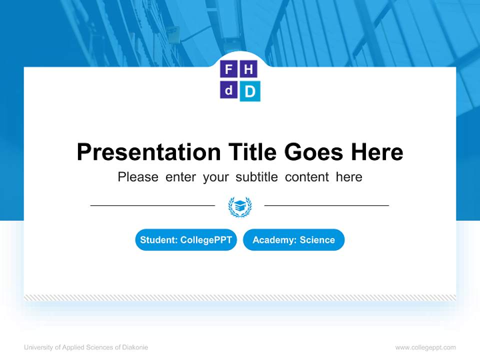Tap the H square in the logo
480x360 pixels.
point(248,69)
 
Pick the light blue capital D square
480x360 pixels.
point(249,91)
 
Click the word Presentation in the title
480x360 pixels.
point(148,152)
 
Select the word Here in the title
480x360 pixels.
point(376,152)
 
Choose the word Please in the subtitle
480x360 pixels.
point(138,177)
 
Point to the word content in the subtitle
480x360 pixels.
point(307,177)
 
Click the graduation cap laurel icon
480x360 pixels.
point(240,206)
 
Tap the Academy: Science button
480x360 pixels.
point(293,240)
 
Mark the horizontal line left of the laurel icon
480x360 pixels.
point(152,205)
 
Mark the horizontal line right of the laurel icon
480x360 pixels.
point(326,205)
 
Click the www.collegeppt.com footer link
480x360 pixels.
point(425,347)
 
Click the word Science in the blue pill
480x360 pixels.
point(317,240)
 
